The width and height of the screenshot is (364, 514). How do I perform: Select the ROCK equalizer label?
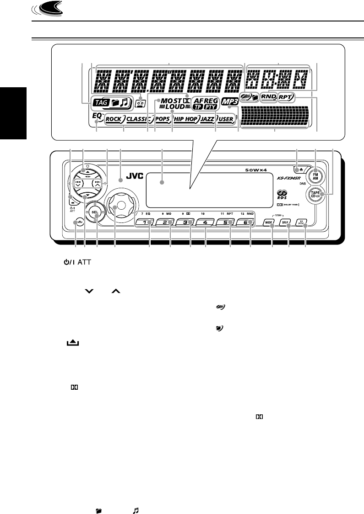point(113,119)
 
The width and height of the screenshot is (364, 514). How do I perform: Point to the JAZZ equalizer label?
point(208,119)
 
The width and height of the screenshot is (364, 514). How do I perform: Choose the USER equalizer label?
point(227,119)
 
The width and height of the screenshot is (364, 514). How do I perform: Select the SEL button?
point(95,212)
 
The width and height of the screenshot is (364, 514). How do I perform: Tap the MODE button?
point(268,223)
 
